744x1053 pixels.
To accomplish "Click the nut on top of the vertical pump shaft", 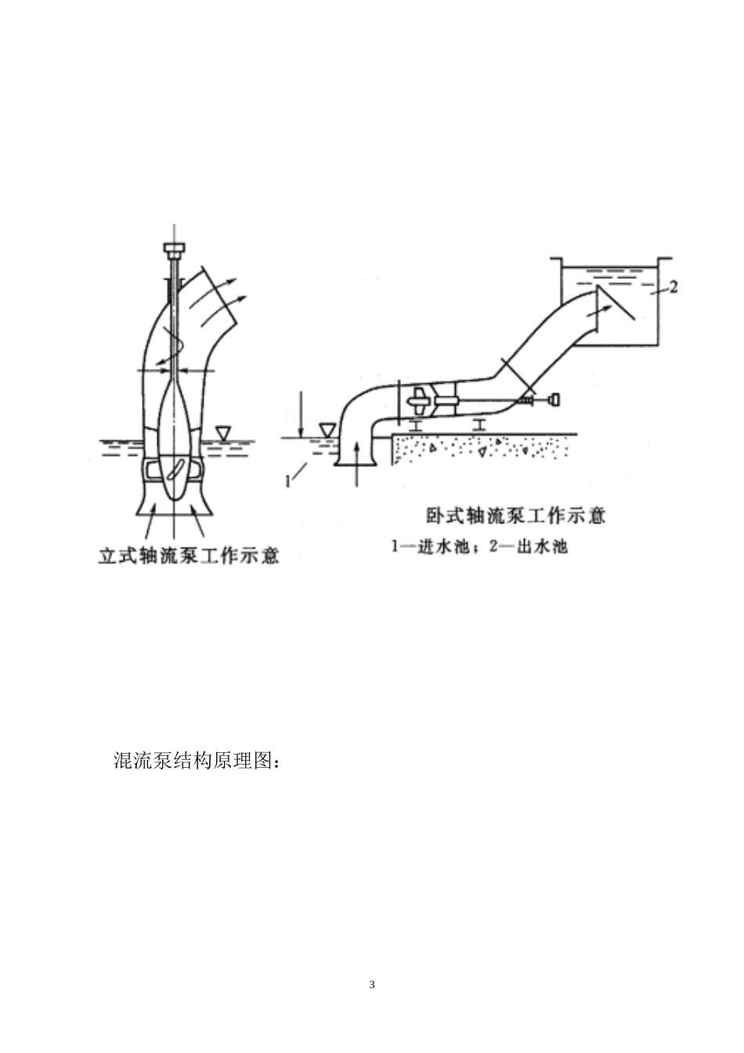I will tap(175, 249).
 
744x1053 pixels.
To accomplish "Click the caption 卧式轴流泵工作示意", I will tap(516, 516).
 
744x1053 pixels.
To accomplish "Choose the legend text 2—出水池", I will tap(527, 547).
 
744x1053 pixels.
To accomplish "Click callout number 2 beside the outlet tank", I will tap(672, 287).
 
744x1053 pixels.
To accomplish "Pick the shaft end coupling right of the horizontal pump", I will tap(554, 400).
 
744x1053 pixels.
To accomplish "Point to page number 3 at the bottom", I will tap(372, 984).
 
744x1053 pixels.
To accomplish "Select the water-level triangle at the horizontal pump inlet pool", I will tap(327, 430).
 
